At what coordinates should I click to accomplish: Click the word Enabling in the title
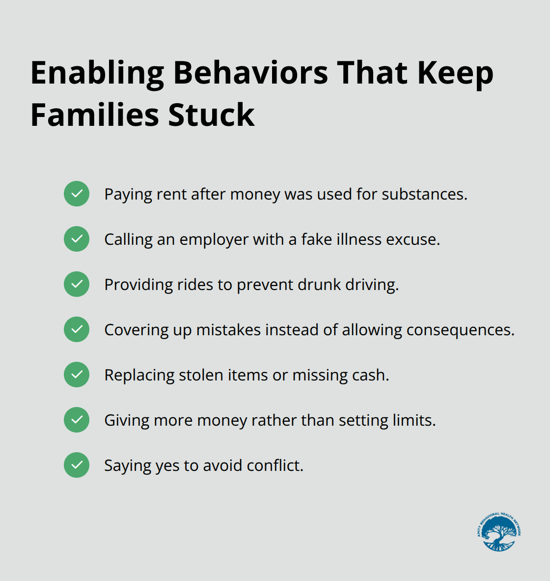(97, 74)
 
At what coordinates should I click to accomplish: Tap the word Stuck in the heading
(211, 116)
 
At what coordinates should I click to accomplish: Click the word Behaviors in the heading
(250, 74)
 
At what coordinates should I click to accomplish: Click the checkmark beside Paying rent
(77, 194)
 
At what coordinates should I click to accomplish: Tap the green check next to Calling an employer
(77, 239)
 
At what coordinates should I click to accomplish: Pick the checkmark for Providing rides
(77, 284)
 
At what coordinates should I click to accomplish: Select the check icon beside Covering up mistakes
(77, 329)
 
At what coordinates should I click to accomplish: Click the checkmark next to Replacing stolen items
(77, 375)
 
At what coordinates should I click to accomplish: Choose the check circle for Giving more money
(77, 420)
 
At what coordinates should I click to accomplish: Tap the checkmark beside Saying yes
(77, 465)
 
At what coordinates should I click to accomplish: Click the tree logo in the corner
(499, 532)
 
